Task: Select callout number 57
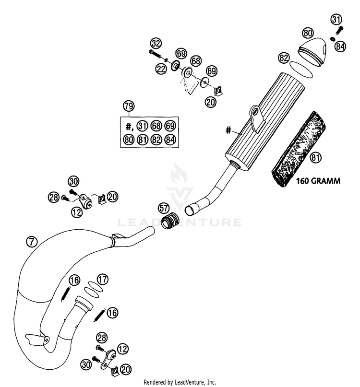164,209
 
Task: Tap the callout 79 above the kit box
128,106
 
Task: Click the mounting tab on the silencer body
255,117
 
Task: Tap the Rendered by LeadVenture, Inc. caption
180,382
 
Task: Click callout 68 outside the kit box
195,61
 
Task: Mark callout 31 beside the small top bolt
336,20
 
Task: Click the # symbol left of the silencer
229,129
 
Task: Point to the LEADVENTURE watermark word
180,222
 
